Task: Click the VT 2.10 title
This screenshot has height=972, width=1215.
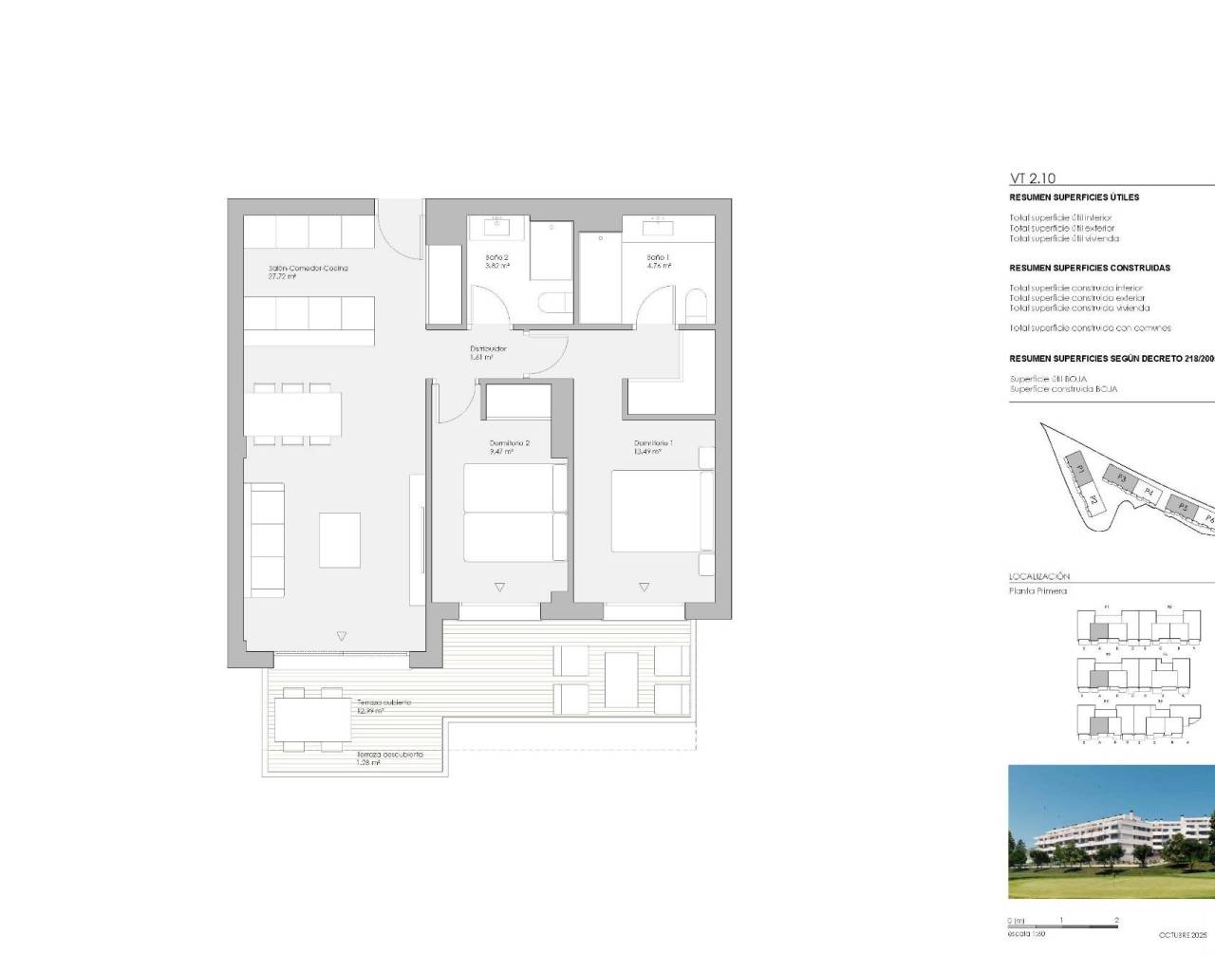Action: [x=1032, y=178]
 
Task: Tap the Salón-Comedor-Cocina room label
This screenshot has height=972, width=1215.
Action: [x=308, y=269]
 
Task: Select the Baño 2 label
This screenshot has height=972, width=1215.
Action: [x=497, y=258]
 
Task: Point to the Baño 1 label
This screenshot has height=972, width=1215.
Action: [x=658, y=257]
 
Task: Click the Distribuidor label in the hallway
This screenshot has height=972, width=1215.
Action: [x=488, y=349]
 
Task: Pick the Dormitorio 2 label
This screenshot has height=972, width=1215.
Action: [x=509, y=443]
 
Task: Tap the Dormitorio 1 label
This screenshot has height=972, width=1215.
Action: [x=653, y=443]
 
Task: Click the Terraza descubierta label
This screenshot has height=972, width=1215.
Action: [x=389, y=755]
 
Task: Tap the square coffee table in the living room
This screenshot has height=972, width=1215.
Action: [x=339, y=540]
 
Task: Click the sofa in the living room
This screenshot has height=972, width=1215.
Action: [x=266, y=540]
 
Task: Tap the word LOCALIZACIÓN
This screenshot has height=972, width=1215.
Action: [x=1038, y=576]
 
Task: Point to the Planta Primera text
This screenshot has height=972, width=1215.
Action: [x=1037, y=590]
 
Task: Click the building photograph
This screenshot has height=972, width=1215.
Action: [x=1111, y=832]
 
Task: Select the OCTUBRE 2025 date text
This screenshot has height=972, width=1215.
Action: [x=1183, y=935]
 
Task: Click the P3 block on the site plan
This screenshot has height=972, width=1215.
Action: [x=1121, y=478]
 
